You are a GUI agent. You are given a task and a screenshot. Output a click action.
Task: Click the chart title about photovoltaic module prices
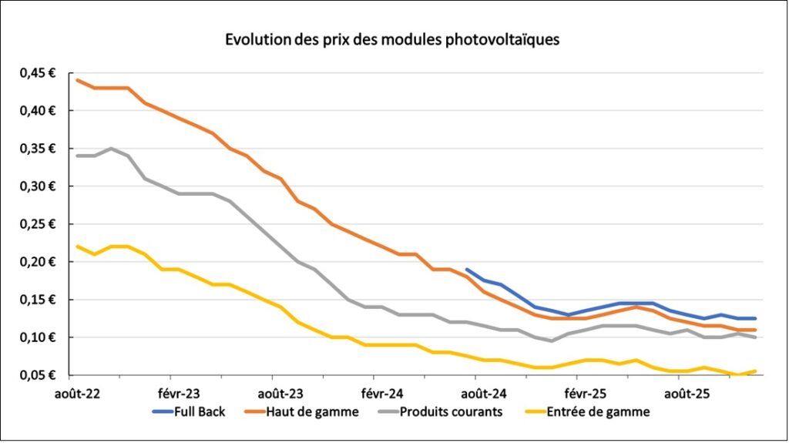pos(392,39)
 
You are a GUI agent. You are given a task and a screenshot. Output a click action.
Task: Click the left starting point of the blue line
pos(468,270)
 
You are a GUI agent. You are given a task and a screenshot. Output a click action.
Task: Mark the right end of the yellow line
pos(755,371)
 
